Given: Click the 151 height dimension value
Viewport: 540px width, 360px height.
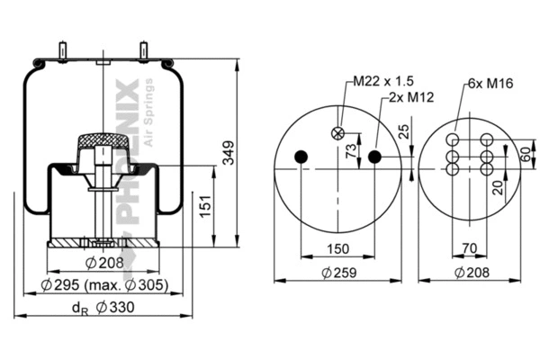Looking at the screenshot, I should coord(206,209).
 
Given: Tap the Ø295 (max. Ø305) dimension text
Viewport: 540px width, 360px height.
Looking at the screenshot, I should coord(104,286).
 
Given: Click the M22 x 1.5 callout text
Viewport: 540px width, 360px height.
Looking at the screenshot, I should coord(373,82).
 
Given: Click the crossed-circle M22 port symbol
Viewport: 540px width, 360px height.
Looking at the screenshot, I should coord(338,133).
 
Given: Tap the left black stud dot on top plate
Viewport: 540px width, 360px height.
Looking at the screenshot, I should coord(301,157).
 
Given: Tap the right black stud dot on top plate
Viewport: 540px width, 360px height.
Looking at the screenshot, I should coord(375,157).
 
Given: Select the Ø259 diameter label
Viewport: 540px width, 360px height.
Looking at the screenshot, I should coord(338,272).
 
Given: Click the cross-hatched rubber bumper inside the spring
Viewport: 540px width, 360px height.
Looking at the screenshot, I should coord(104,141).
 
